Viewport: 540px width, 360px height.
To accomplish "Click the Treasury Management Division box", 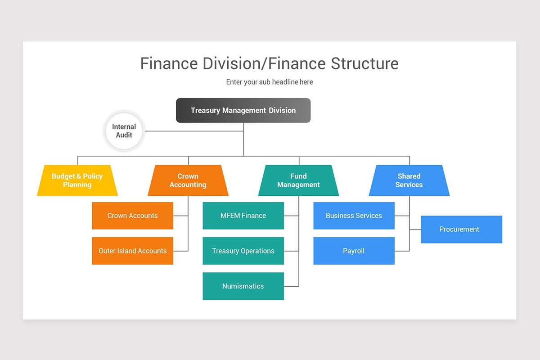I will pyautogui.click(x=243, y=110).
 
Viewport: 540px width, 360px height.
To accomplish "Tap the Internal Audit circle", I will pyautogui.click(x=124, y=131).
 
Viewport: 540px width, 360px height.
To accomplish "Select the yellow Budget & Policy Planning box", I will pyautogui.click(x=77, y=180).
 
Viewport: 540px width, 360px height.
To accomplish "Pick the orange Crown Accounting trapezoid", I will pyautogui.click(x=188, y=180).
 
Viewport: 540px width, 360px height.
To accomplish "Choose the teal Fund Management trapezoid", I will pyautogui.click(x=298, y=180).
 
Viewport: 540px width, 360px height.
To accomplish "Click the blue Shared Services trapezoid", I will pyautogui.click(x=409, y=180).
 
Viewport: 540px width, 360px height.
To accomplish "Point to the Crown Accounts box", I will pyautogui.click(x=132, y=216).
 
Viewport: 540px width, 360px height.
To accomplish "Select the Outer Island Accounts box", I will pyautogui.click(x=132, y=251).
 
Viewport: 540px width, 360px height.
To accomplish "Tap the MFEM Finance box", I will pyautogui.click(x=243, y=216).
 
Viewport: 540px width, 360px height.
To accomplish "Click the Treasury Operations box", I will pyautogui.click(x=243, y=251).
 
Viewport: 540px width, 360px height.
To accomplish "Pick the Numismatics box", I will pyautogui.click(x=243, y=286).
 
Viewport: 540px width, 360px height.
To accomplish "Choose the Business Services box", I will pyautogui.click(x=354, y=216).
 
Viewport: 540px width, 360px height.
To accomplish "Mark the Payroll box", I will pyautogui.click(x=354, y=251).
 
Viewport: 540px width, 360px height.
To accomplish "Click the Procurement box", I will pyautogui.click(x=461, y=229).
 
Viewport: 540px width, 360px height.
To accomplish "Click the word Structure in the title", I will pyautogui.click(x=364, y=63).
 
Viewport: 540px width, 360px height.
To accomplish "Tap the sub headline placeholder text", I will pyautogui.click(x=270, y=82).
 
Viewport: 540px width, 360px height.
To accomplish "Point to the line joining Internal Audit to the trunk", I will pyautogui.click(x=193, y=131).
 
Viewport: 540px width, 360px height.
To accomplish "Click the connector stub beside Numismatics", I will pyautogui.click(x=291, y=286).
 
